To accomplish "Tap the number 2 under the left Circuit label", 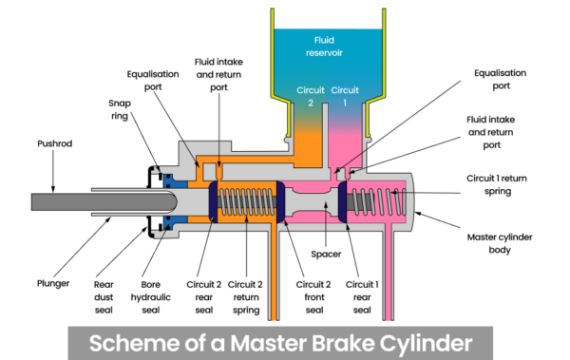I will (x=310, y=103).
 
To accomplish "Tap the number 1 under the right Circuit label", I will (x=343, y=103).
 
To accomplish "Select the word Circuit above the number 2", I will (x=310, y=90).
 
